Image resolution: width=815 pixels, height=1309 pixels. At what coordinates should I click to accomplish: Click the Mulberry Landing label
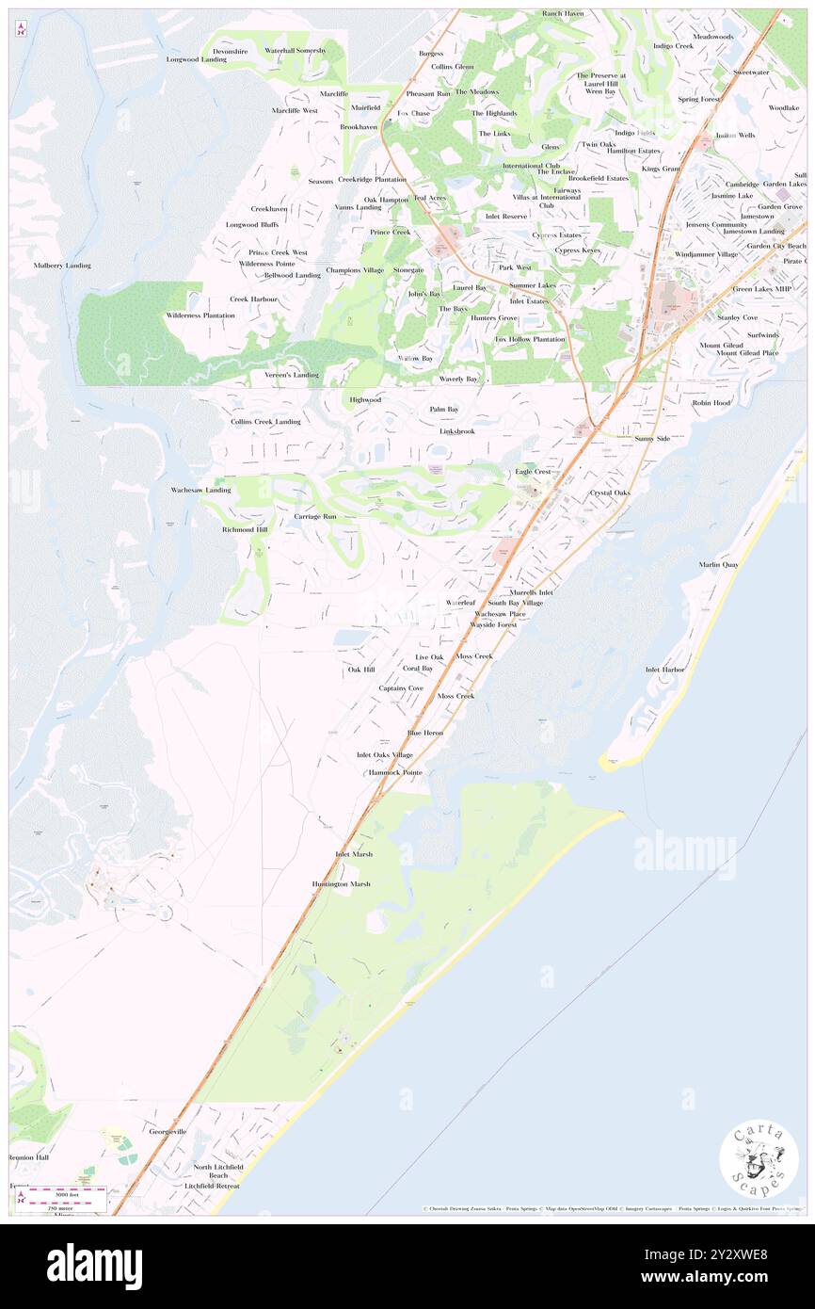pyautogui.click(x=62, y=266)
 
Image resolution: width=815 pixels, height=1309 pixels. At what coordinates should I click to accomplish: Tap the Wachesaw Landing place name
pyautogui.click(x=200, y=491)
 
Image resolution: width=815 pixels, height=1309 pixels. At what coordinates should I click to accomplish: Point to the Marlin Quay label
pyautogui.click(x=718, y=564)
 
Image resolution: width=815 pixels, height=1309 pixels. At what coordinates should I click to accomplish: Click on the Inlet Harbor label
pyautogui.click(x=664, y=670)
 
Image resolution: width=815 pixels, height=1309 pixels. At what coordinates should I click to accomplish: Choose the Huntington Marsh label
pyautogui.click(x=342, y=884)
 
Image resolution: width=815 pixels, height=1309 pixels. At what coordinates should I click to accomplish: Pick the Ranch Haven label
pyautogui.click(x=563, y=14)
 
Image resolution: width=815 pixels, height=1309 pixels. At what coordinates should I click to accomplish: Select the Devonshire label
pyautogui.click(x=230, y=50)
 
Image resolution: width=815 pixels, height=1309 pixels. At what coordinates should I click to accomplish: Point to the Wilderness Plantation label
pyautogui.click(x=200, y=315)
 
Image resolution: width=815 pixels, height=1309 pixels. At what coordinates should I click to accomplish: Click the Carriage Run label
pyautogui.click(x=314, y=517)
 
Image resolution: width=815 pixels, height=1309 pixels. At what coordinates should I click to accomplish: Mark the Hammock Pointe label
pyautogui.click(x=395, y=772)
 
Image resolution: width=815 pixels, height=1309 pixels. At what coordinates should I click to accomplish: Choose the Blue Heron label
pyautogui.click(x=424, y=733)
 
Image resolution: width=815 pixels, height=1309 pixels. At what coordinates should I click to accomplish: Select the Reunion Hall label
pyautogui.click(x=28, y=1157)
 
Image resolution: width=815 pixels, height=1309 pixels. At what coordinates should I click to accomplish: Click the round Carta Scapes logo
pyautogui.click(x=759, y=1160)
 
